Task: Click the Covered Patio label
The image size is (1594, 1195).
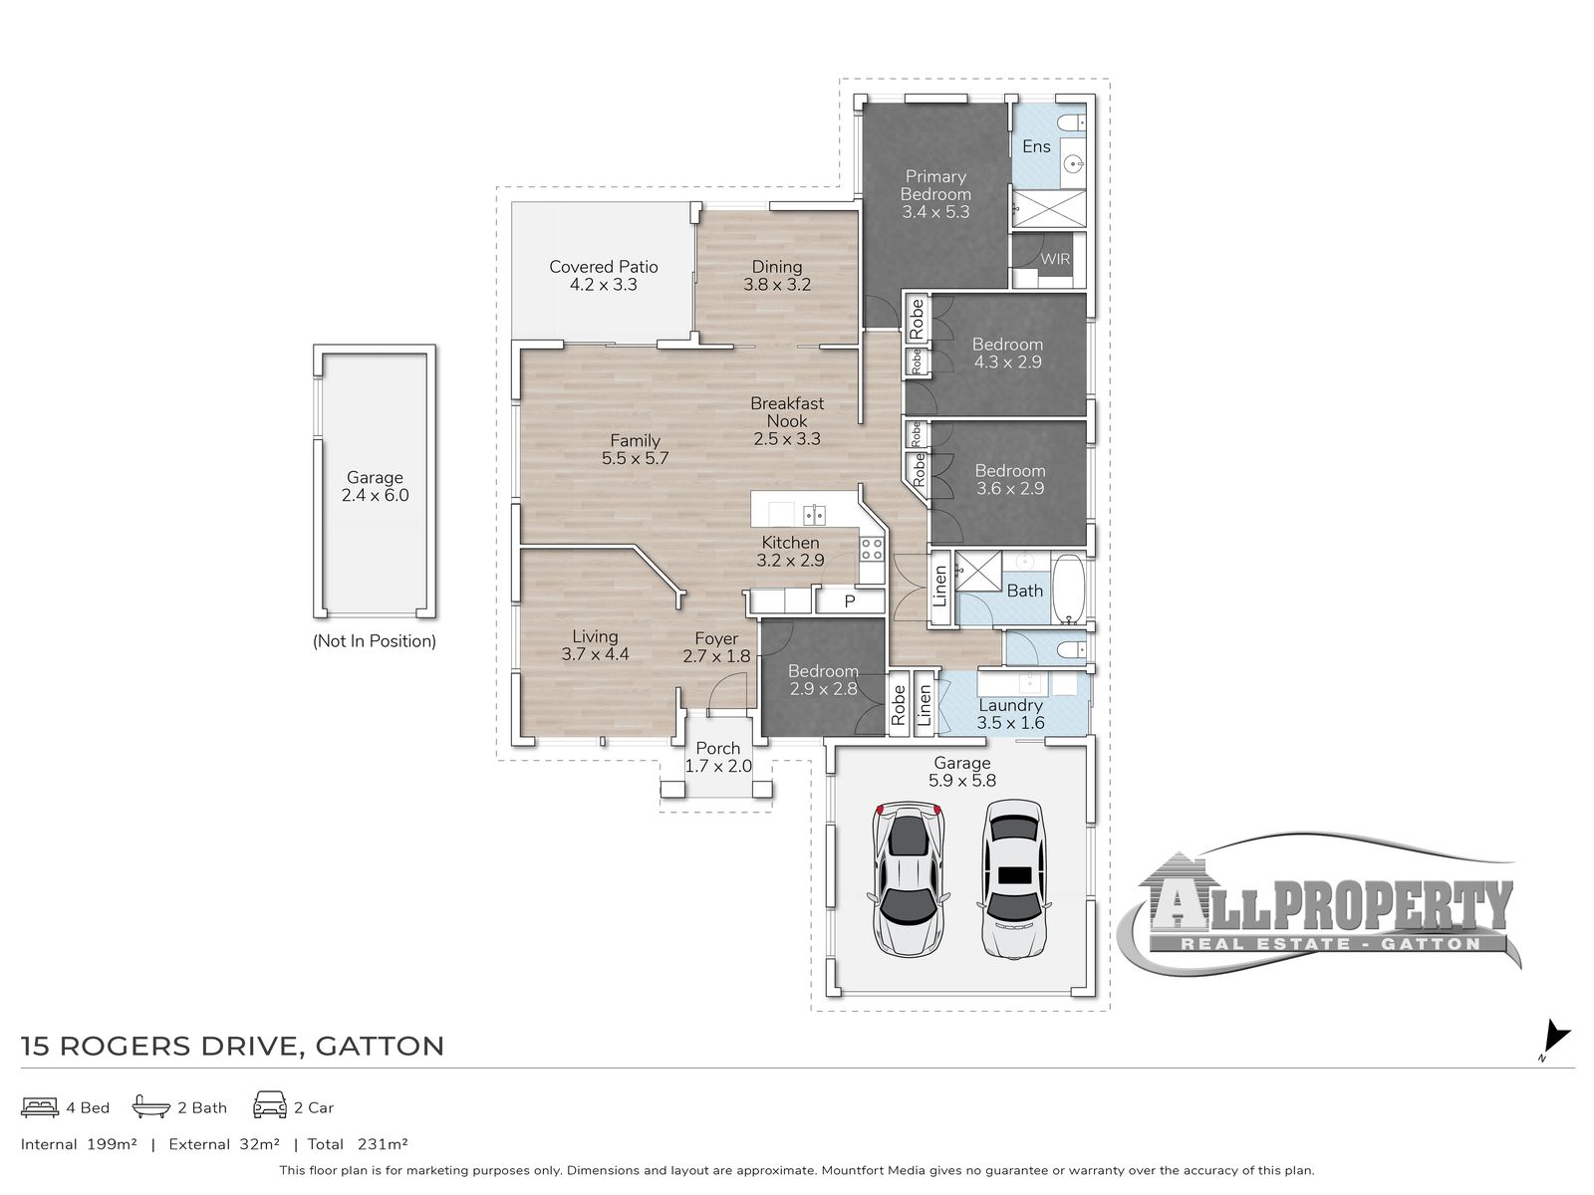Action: click(x=603, y=267)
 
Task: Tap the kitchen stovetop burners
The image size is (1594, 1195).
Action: click(x=872, y=550)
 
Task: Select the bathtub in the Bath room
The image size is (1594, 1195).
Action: click(x=1068, y=590)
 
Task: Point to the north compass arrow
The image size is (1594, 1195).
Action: click(x=1557, y=1036)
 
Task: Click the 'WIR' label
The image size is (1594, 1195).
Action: click(x=1054, y=259)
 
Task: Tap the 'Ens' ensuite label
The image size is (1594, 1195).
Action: click(x=1035, y=146)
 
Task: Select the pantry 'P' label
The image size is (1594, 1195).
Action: click(x=849, y=601)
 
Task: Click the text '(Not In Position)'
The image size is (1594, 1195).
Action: click(x=374, y=641)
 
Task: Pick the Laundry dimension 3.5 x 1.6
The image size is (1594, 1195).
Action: click(x=1010, y=723)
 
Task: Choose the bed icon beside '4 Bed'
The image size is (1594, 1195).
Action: click(x=40, y=1107)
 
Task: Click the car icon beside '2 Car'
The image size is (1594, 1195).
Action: click(x=270, y=1105)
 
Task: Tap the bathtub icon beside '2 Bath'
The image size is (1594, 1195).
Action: click(x=151, y=1106)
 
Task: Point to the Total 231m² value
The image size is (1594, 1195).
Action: click(x=383, y=1144)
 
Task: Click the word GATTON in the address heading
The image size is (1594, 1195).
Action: click(x=380, y=1047)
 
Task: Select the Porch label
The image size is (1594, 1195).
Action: click(x=717, y=748)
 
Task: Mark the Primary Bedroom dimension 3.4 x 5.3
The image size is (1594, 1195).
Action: click(x=935, y=212)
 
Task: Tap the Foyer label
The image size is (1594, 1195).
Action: click(x=716, y=638)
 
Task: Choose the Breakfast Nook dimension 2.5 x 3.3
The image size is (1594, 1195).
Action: click(x=786, y=439)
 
